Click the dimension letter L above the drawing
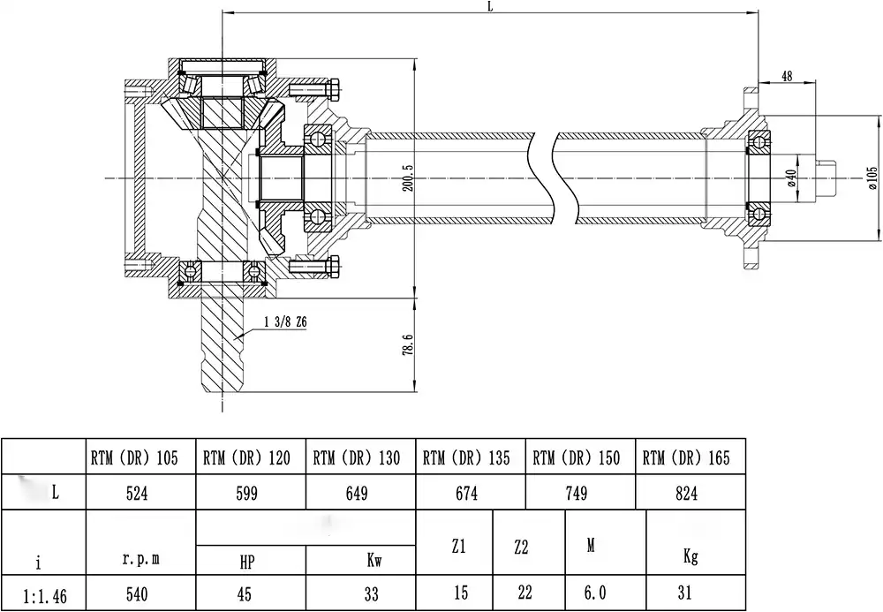[491, 6]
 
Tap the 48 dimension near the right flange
[787, 76]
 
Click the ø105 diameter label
[872, 178]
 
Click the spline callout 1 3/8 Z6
[284, 323]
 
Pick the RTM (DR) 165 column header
[687, 457]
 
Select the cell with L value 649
[358, 494]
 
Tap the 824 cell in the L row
[686, 494]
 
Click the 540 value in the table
[140, 594]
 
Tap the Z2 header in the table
[521, 548]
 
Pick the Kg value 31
[691, 594]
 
